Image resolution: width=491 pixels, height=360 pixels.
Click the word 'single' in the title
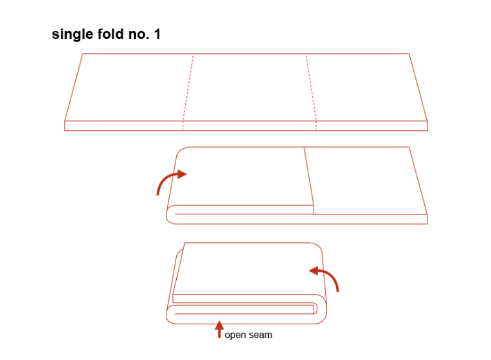(73, 34)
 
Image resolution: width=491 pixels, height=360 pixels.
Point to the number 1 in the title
(157, 34)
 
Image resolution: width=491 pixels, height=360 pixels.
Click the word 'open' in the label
(235, 335)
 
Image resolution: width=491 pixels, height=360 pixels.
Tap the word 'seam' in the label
(260, 335)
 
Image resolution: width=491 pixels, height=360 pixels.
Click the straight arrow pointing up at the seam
(220, 330)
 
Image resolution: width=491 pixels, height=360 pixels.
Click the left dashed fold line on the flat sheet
(188, 91)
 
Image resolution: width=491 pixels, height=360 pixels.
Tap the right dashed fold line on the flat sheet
(312, 91)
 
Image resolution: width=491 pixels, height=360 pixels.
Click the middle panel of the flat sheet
(249, 87)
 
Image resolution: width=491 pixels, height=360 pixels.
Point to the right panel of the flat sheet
(367, 87)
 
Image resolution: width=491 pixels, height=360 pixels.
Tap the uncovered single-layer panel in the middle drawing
(366, 181)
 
